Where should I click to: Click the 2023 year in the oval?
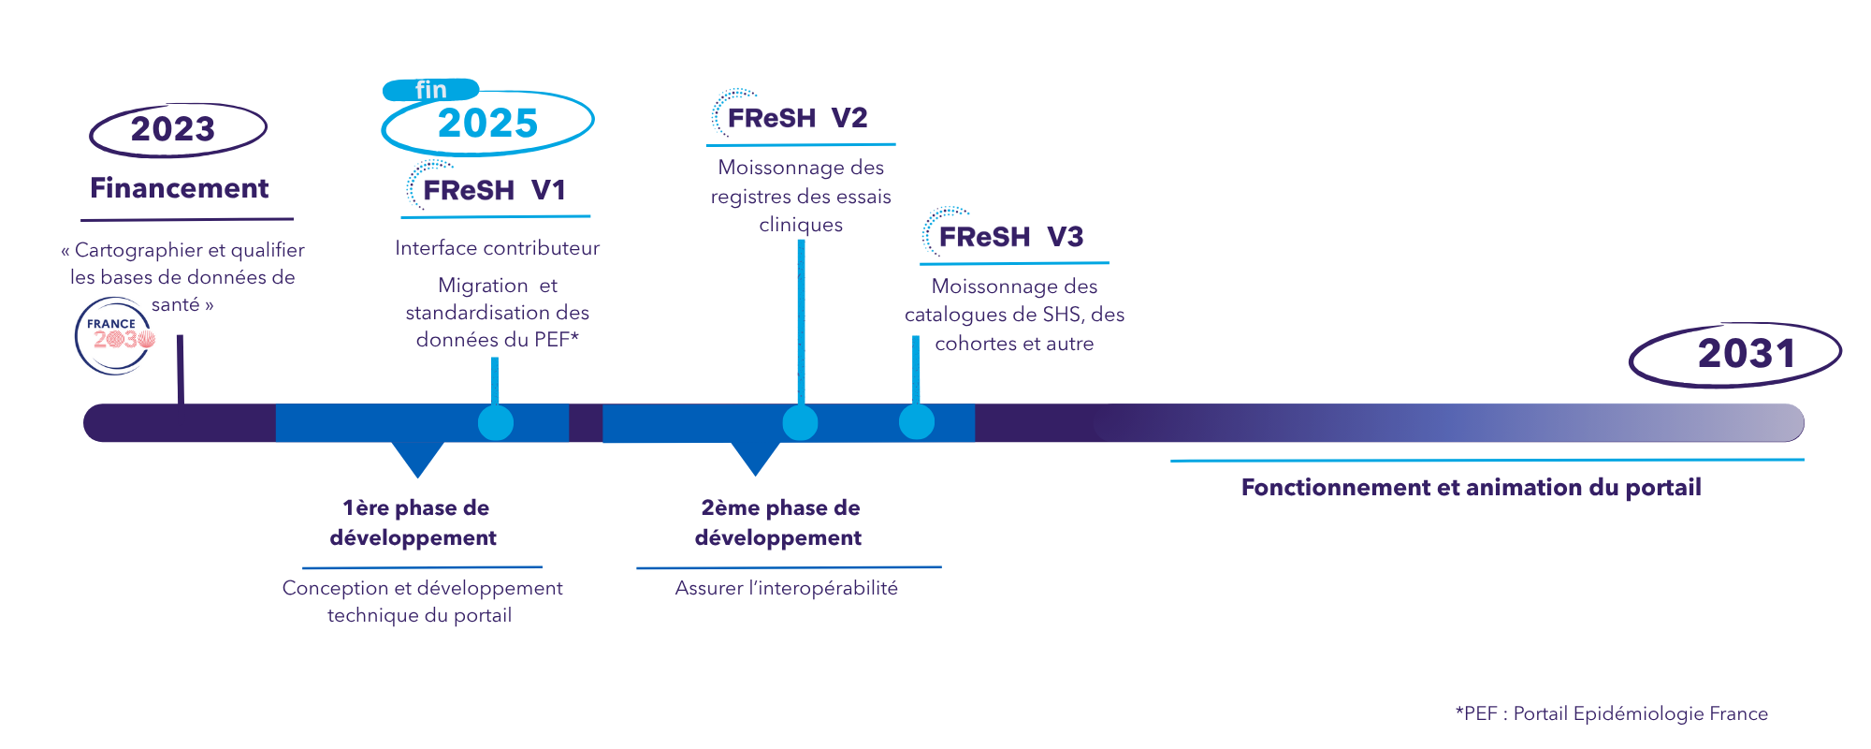pyautogui.click(x=173, y=129)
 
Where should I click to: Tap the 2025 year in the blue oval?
pyautogui.click(x=487, y=124)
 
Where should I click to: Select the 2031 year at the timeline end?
pyautogui.click(x=1747, y=354)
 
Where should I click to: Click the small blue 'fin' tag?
pyautogui.click(x=430, y=90)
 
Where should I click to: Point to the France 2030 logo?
pyautogui.click(x=114, y=336)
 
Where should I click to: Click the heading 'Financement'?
pyautogui.click(x=179, y=188)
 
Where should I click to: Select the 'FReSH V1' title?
pyautogui.click(x=494, y=190)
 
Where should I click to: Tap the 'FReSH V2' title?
pyautogui.click(x=797, y=118)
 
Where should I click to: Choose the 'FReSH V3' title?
pyautogui.click(x=1010, y=237)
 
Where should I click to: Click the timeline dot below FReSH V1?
pyautogui.click(x=496, y=423)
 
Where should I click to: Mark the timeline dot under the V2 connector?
pyautogui.click(x=800, y=423)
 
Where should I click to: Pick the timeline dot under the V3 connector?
pyautogui.click(x=917, y=422)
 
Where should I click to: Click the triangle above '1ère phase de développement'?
pyautogui.click(x=417, y=457)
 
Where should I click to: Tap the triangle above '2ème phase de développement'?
pyautogui.click(x=755, y=457)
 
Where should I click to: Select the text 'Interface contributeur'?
pyautogui.click(x=497, y=248)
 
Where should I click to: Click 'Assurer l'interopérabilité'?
pyautogui.click(x=786, y=588)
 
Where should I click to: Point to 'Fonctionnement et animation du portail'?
pyautogui.click(x=1471, y=488)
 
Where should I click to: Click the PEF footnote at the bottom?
pyautogui.click(x=1611, y=713)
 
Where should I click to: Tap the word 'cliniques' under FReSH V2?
pyautogui.click(x=801, y=225)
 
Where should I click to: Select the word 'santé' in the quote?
pyautogui.click(x=176, y=304)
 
